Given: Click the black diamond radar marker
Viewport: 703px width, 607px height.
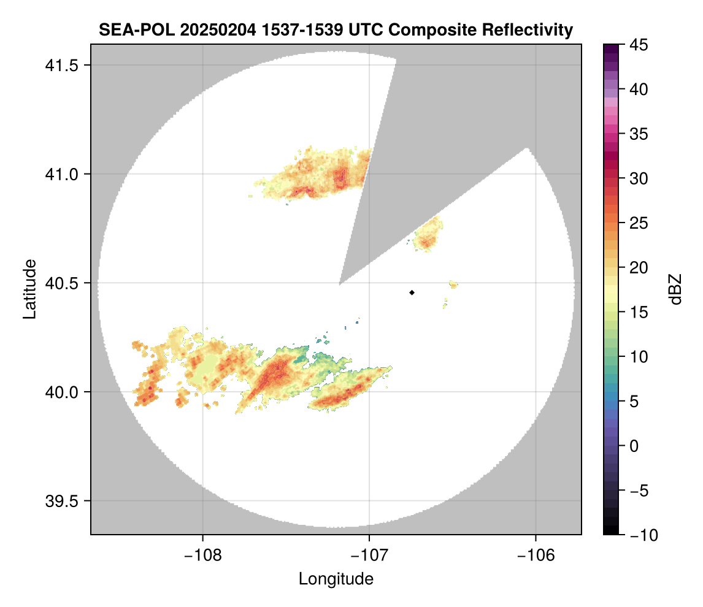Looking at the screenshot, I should pyautogui.click(x=412, y=292).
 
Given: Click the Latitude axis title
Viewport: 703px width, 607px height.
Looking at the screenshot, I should pyautogui.click(x=29, y=289).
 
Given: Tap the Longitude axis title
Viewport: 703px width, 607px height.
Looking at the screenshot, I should pyautogui.click(x=336, y=579).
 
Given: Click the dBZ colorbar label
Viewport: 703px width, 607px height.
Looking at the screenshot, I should pyautogui.click(x=675, y=289).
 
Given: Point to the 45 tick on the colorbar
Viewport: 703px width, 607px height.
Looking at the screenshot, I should pyautogui.click(x=639, y=45).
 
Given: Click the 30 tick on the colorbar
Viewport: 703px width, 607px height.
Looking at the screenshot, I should pyautogui.click(x=639, y=178).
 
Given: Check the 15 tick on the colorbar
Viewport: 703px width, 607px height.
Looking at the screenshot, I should pyautogui.click(x=639, y=312).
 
